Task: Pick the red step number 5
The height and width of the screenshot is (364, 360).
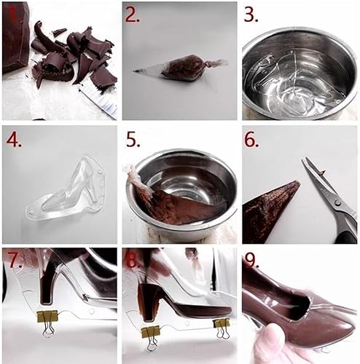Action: [132, 139]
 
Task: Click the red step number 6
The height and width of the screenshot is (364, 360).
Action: [251, 139]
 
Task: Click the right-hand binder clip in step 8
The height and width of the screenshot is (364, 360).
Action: [222, 325]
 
